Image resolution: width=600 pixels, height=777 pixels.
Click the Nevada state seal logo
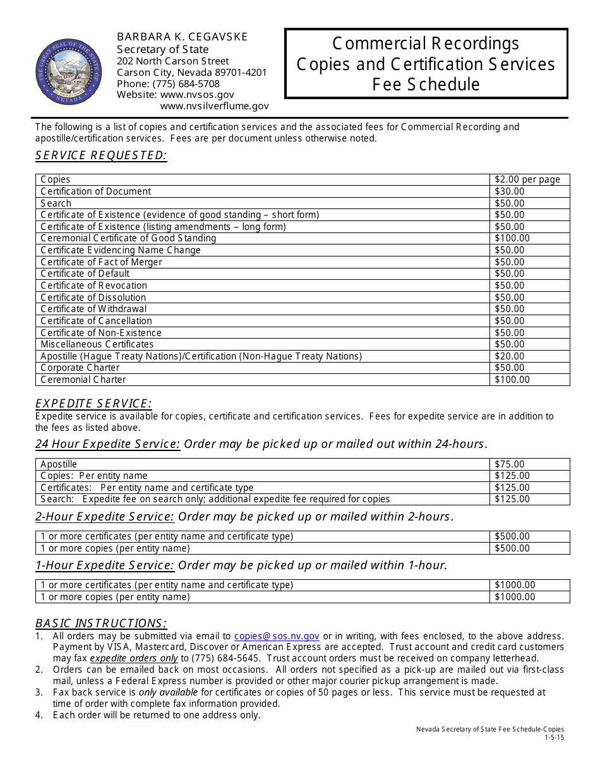(69, 72)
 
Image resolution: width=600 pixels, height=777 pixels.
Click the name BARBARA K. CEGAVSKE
(183, 37)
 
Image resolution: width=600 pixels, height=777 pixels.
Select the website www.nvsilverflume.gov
(214, 106)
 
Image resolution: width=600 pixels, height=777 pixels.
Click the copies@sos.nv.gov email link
(277, 636)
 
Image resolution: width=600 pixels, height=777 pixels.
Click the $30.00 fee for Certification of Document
(510, 191)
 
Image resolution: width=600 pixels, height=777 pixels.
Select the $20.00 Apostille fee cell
(510, 356)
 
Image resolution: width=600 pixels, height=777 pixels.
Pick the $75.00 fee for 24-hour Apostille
(510, 464)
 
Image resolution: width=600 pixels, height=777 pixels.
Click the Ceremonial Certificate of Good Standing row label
(128, 238)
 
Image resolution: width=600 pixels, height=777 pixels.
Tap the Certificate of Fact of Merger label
(101, 262)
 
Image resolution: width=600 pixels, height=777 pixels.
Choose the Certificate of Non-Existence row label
(101, 333)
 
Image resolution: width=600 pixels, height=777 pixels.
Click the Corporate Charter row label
(80, 368)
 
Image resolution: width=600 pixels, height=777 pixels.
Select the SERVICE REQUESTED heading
(101, 155)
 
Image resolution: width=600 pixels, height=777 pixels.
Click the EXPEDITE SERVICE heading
(93, 404)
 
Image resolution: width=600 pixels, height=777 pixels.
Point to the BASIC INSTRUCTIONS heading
(101, 623)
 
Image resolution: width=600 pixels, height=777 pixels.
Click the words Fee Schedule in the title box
(426, 85)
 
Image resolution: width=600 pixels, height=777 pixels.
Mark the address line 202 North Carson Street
(173, 61)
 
